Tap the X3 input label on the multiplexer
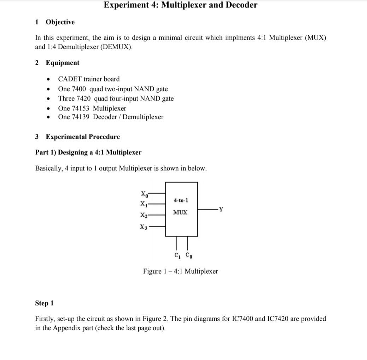144,227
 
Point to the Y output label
221,209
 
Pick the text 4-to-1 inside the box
181,200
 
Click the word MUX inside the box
180,212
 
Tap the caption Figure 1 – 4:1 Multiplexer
180,272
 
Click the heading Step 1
45,303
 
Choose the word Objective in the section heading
60,22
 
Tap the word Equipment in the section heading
62,63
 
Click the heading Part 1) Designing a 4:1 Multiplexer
88,153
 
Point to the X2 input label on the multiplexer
144,215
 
